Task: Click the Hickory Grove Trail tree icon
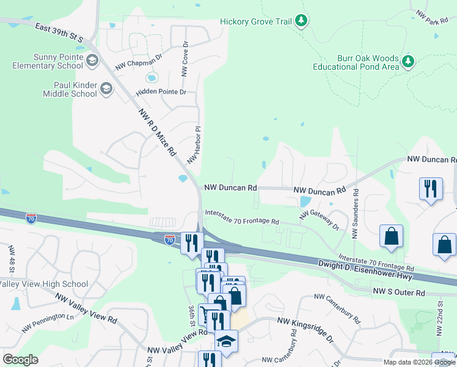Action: [301, 21]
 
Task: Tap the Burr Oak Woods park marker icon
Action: [408, 61]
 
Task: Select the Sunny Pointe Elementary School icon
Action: [92, 61]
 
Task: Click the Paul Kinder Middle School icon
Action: [106, 89]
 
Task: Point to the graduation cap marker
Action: [225, 342]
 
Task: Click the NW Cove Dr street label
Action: [184, 59]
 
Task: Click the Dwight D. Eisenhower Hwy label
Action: [366, 270]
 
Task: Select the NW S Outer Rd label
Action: [398, 293]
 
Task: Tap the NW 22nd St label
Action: [440, 317]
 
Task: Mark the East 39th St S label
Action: [59, 33]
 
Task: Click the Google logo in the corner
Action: [20, 359]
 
